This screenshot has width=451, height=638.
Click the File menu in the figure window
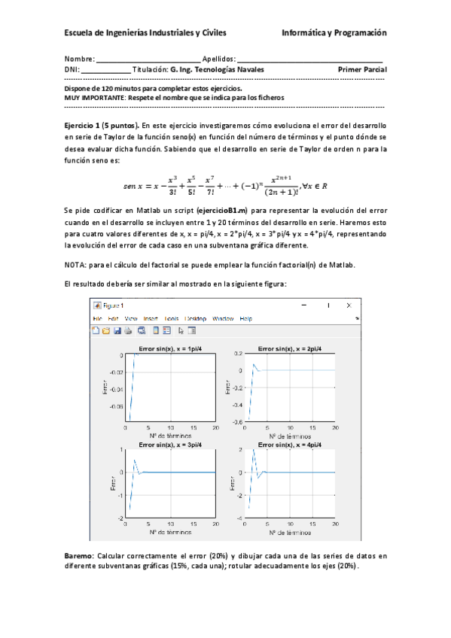[x=97, y=319]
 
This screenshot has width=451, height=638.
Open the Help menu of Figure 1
[x=245, y=319]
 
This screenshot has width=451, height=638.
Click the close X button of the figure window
[x=349, y=305]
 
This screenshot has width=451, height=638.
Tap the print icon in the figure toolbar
[x=129, y=330]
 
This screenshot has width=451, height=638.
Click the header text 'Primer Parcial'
[x=363, y=70]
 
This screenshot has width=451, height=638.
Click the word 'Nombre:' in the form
[x=79, y=59]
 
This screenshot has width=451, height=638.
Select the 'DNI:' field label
[x=72, y=70]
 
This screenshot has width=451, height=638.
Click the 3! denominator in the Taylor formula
[x=172, y=192]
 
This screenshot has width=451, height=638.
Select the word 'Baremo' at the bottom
[x=79, y=555]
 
